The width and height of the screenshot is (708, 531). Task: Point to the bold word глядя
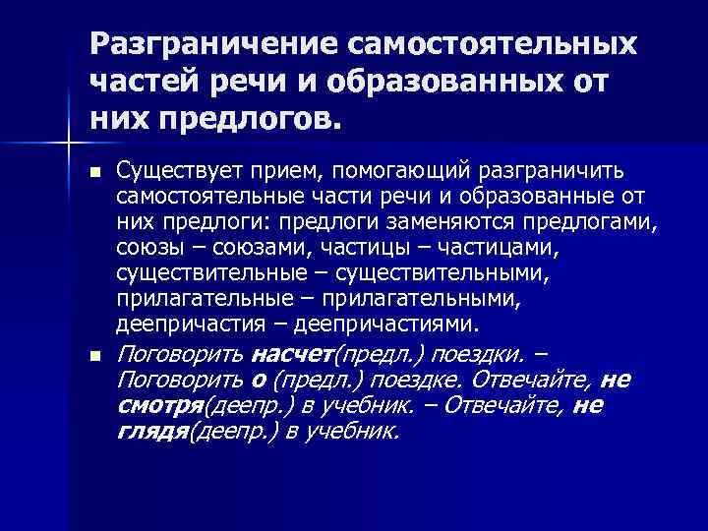150,431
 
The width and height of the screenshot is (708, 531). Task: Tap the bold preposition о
259,380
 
